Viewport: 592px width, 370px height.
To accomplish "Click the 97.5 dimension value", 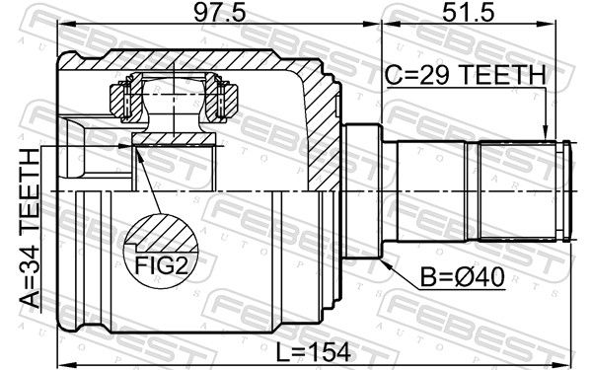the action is click(x=220, y=13).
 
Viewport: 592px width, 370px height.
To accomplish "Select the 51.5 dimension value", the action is click(x=468, y=13).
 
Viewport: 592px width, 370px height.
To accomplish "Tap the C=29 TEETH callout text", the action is click(x=465, y=75).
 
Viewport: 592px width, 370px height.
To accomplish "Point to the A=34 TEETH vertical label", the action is click(x=30, y=228).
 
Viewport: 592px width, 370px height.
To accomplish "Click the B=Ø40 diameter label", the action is click(x=463, y=277).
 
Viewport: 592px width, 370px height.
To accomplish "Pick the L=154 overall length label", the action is click(x=314, y=352).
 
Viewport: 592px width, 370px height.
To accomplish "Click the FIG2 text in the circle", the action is click(x=161, y=265).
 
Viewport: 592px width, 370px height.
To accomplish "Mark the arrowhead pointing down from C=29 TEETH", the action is click(x=545, y=133).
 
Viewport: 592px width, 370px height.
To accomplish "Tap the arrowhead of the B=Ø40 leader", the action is click(x=386, y=263).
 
